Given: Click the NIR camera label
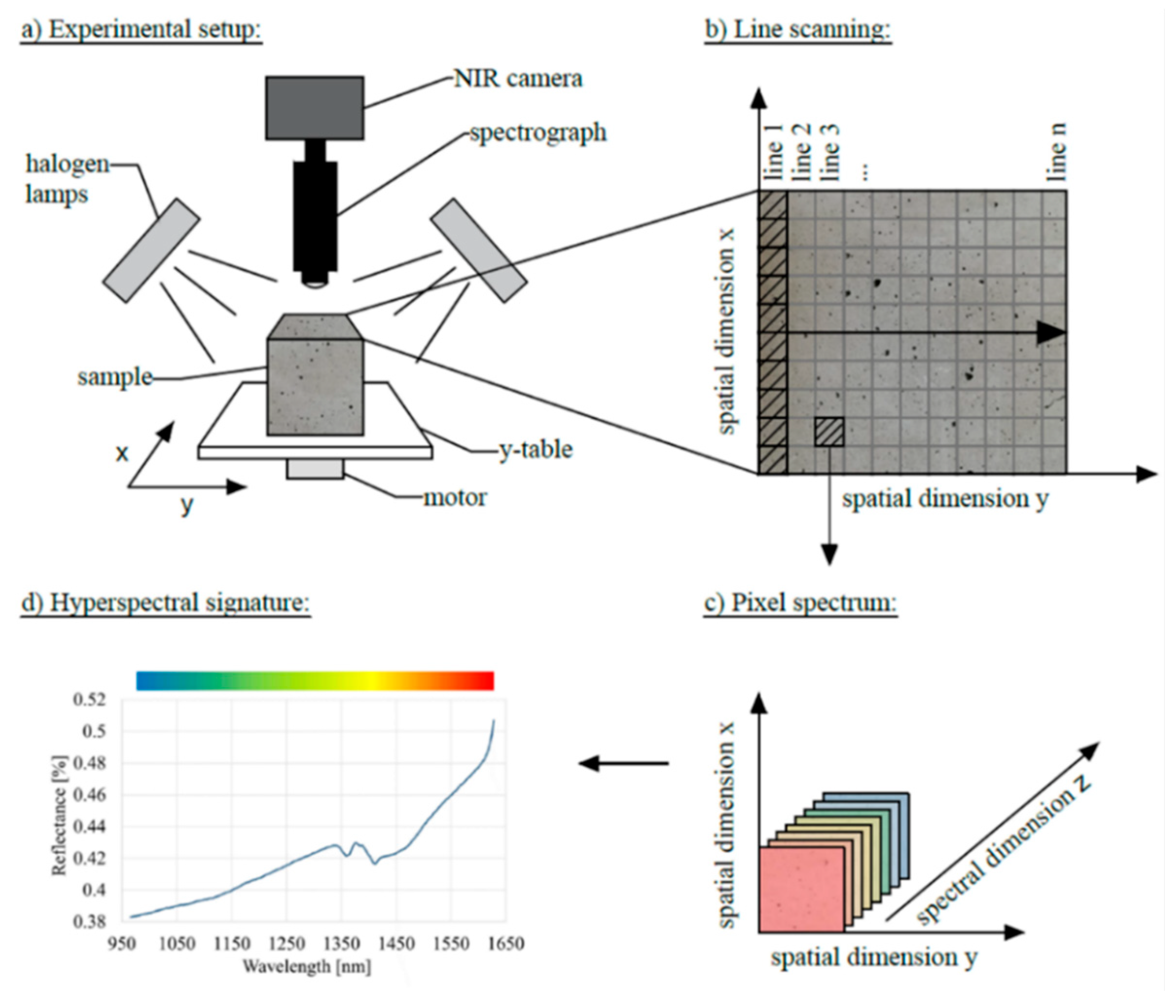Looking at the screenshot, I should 518,79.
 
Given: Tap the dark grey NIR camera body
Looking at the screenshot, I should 314,108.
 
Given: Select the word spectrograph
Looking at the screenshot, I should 538,132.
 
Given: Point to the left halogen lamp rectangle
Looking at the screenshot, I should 151,250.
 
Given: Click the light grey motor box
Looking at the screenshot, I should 315,469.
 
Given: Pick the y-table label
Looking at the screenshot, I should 536,449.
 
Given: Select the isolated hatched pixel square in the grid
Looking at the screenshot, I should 829,431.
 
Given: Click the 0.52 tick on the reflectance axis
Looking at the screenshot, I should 89,700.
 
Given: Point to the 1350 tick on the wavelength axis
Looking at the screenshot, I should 342,943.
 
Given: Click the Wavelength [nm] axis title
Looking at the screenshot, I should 306,966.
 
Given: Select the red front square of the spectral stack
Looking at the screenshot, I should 801,890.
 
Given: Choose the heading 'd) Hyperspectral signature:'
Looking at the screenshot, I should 165,603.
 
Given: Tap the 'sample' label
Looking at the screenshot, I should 114,377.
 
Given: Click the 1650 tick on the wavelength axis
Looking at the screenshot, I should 506,943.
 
